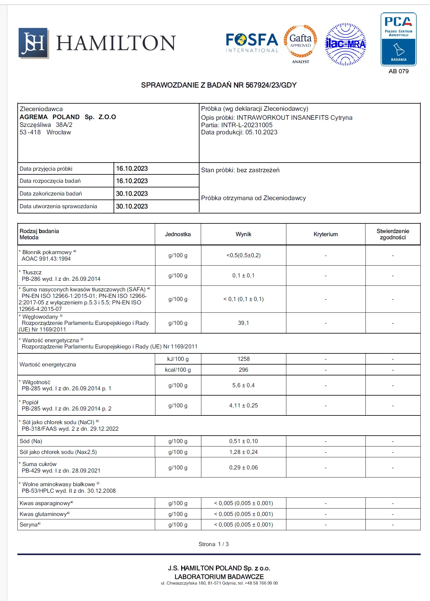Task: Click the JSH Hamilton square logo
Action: click(x=34, y=43)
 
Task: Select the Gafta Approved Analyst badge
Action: click(x=300, y=43)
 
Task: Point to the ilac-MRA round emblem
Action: click(x=346, y=44)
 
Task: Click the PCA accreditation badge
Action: click(x=398, y=39)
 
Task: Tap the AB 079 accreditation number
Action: click(x=398, y=71)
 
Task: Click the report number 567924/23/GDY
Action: click(x=271, y=85)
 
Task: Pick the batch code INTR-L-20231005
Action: click(x=247, y=125)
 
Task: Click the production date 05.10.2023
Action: click(x=261, y=132)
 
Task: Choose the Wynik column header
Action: click(x=243, y=234)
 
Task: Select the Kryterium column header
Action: click(x=325, y=234)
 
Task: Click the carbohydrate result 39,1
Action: click(x=243, y=323)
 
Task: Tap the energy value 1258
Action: click(x=243, y=359)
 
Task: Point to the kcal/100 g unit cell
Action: click(x=178, y=370)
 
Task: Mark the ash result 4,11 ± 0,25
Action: click(x=243, y=406)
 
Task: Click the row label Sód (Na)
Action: click(x=31, y=441)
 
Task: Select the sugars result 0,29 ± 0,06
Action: click(x=243, y=468)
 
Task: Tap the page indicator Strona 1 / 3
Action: click(x=213, y=544)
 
